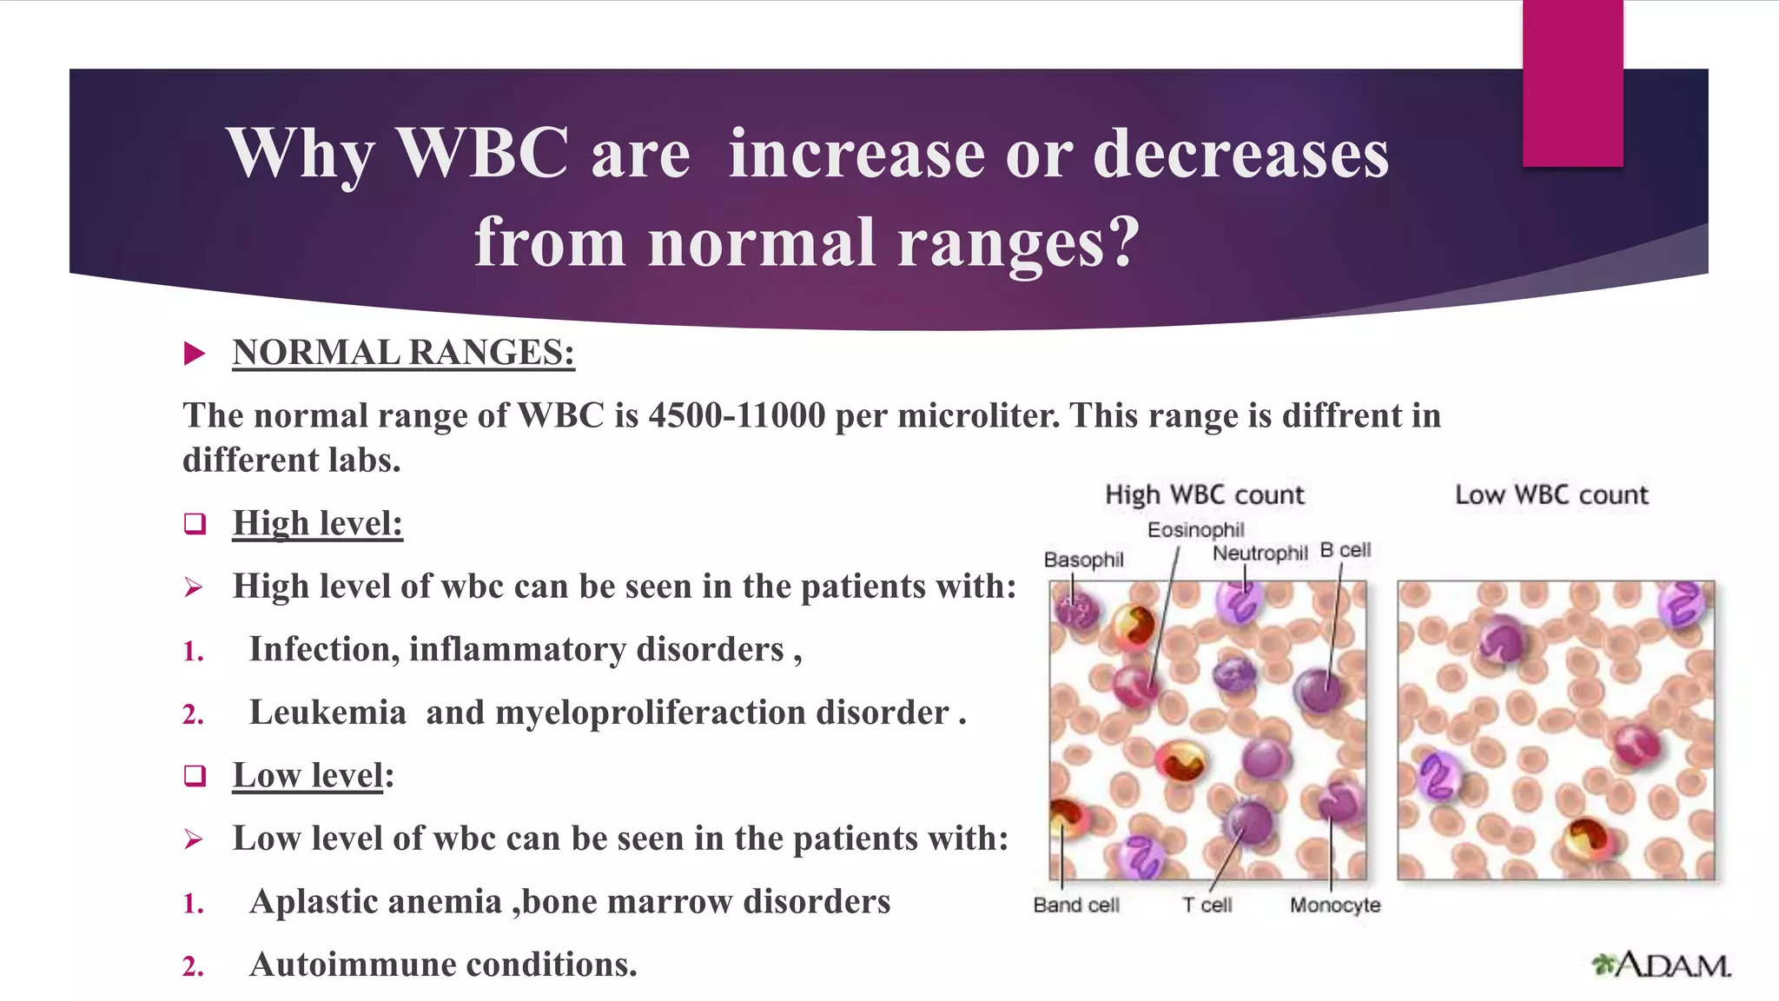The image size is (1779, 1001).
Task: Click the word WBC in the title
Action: tap(483, 154)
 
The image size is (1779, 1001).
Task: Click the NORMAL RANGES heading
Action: tap(403, 353)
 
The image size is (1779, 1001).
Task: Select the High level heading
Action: tap(318, 523)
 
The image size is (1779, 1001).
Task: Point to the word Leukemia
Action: tap(327, 713)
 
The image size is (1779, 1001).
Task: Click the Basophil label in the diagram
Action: tap(1083, 560)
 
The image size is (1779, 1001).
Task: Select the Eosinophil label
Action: tap(1195, 529)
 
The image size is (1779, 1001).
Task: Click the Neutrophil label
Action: tap(1260, 553)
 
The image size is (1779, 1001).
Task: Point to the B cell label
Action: tap(1345, 550)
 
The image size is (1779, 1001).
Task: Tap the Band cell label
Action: tap(1076, 905)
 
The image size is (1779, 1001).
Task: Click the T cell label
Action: tap(1207, 905)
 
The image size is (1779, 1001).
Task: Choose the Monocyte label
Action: tap(1334, 905)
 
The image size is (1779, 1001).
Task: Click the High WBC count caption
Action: tap(1204, 494)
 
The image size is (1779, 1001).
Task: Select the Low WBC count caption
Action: tap(1551, 494)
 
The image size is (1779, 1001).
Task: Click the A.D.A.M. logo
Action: tap(1661, 965)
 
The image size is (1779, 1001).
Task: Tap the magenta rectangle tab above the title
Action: tap(1572, 83)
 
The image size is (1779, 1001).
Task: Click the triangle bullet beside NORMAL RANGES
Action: tap(195, 354)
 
